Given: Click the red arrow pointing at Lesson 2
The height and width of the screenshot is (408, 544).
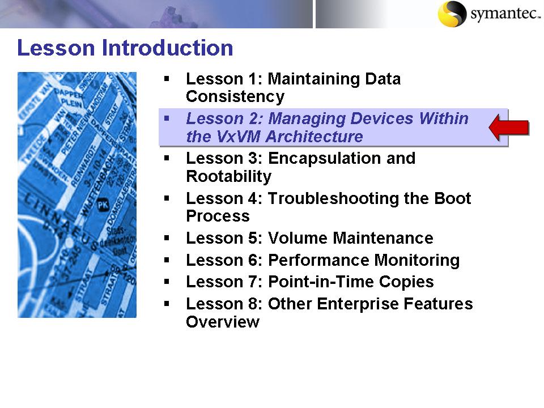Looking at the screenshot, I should coord(509,127).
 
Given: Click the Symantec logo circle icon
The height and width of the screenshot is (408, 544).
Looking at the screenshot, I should coord(452,14).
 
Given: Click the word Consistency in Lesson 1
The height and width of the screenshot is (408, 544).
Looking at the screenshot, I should coord(235,97).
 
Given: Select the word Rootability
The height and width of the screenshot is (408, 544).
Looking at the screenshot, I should coord(228,176).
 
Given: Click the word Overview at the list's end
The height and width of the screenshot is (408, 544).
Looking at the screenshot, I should coord(222,322).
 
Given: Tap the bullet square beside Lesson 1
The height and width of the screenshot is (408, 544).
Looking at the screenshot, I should coord(167,79).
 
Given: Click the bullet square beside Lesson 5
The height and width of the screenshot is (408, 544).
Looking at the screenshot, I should coord(167,238).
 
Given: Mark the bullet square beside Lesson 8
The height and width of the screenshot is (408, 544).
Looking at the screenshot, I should coord(167,304).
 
